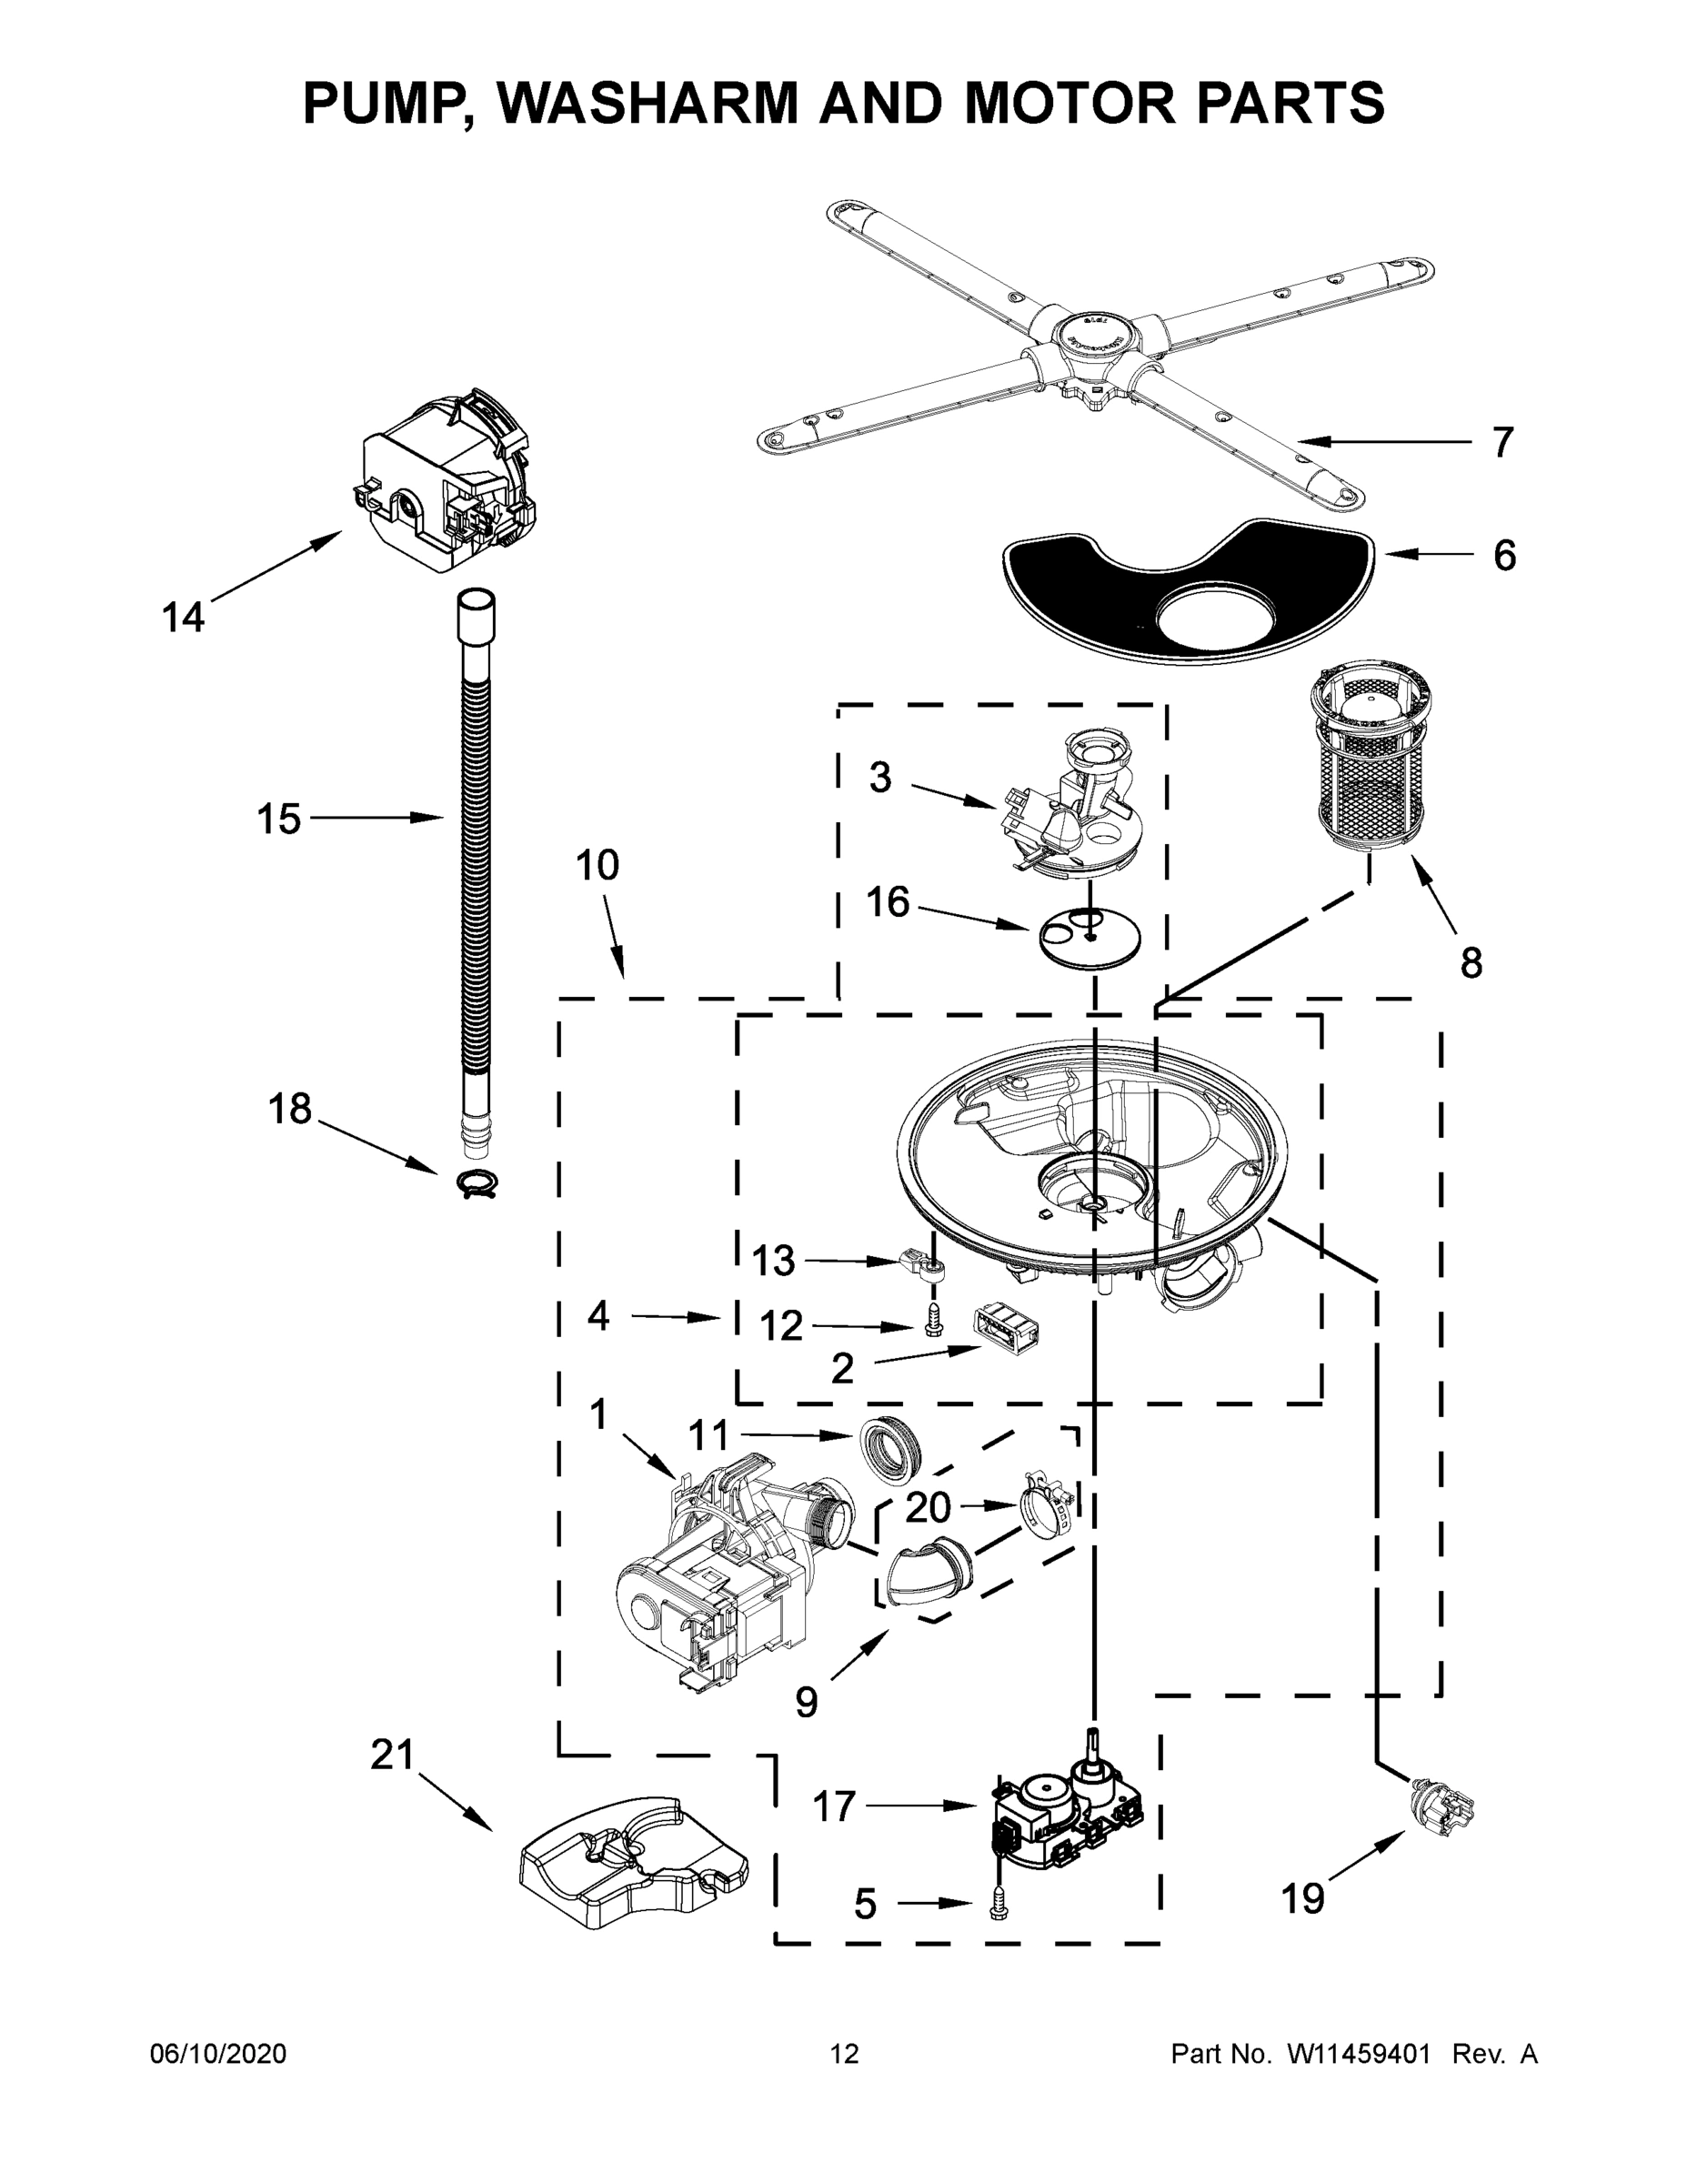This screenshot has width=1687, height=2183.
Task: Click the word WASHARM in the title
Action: [647, 103]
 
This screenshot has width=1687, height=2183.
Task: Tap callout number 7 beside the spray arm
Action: [1502, 442]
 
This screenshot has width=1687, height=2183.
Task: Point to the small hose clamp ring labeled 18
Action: [477, 1184]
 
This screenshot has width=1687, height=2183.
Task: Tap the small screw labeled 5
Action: [996, 1910]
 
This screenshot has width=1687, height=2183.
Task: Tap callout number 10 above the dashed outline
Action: [597, 866]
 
